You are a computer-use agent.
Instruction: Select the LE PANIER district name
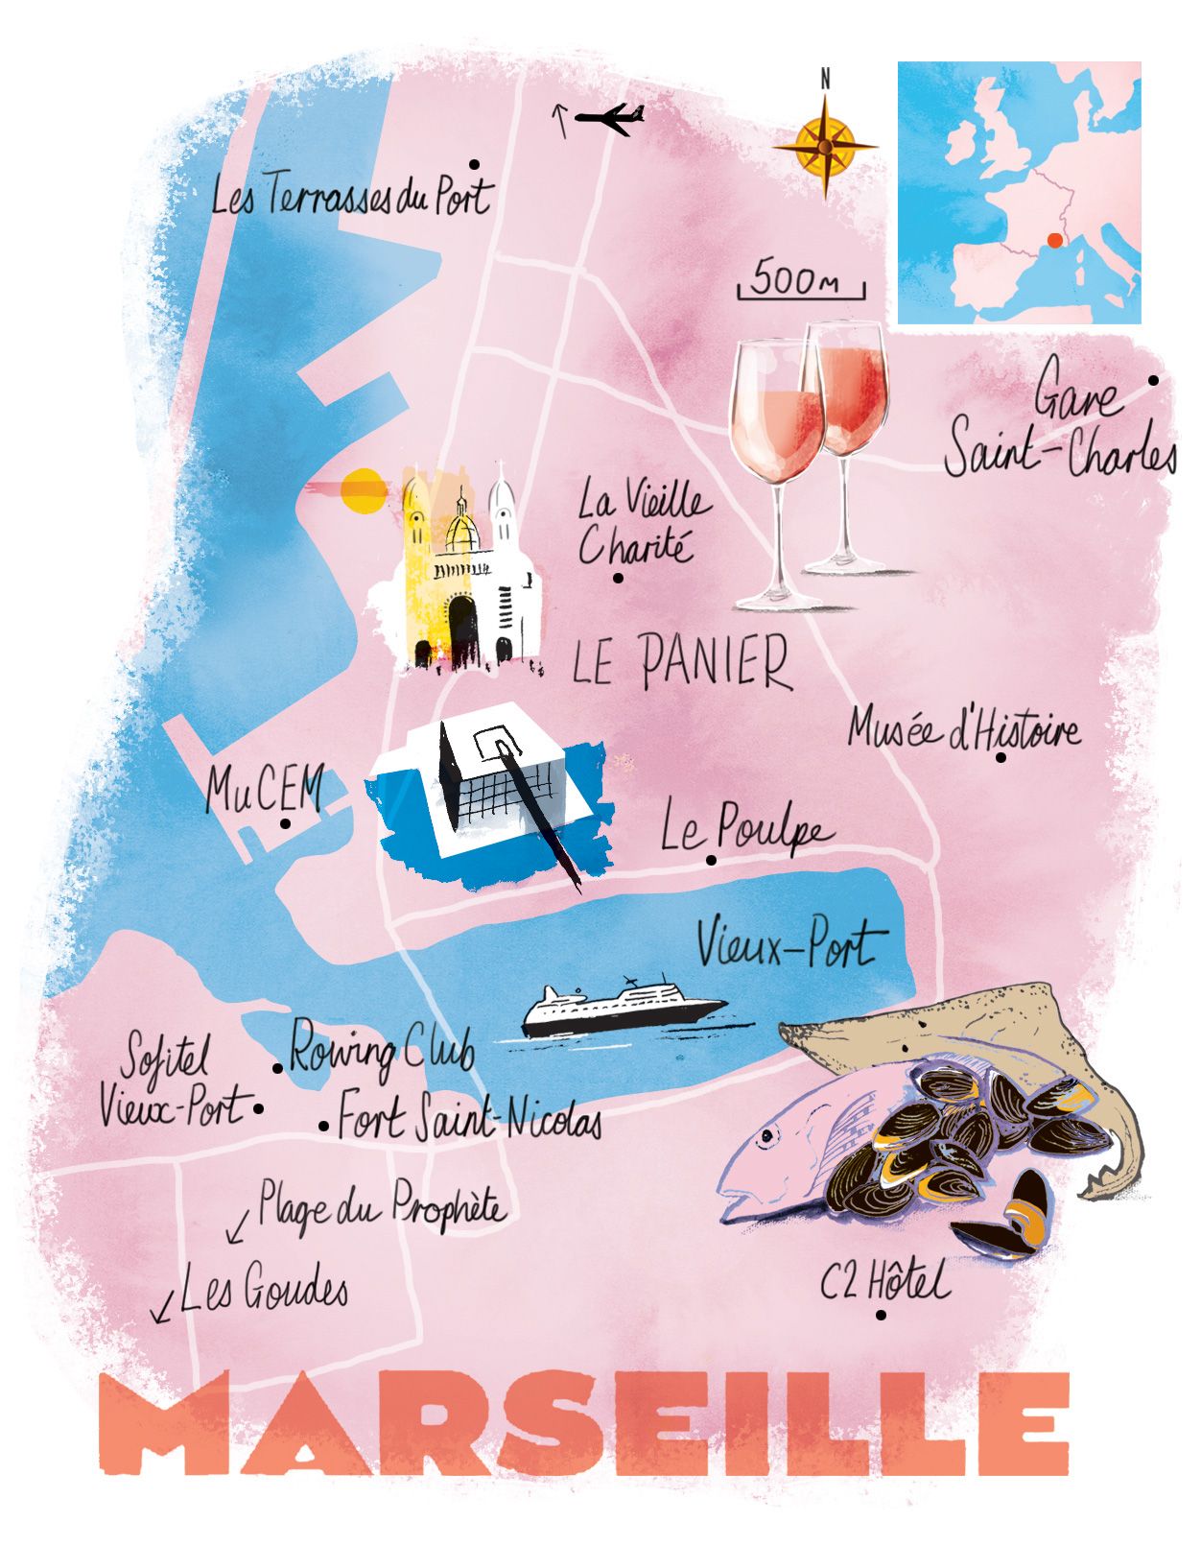682,661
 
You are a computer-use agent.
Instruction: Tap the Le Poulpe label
745,830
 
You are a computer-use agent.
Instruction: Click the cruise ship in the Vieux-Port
624,1010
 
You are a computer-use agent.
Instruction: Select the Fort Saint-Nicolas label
470,1117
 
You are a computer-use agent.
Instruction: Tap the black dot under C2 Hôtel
881,1315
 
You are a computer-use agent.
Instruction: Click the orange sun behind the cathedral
363,488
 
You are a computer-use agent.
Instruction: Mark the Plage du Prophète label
382,1206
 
